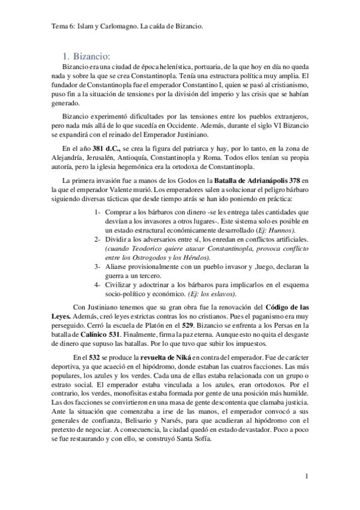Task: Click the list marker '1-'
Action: click(x=97, y=213)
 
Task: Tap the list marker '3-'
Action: click(x=97, y=266)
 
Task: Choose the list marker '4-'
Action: click(x=97, y=284)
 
